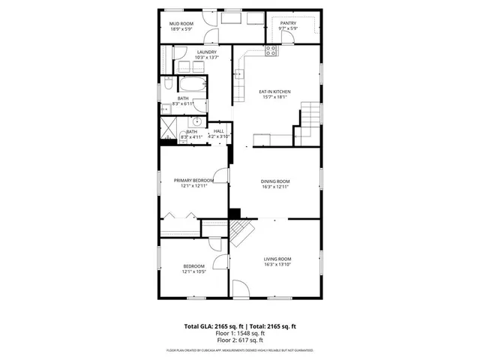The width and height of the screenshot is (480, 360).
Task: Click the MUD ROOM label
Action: click(181, 24)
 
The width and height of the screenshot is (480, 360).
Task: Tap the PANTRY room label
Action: click(289, 23)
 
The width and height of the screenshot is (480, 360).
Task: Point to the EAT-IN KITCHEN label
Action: click(274, 92)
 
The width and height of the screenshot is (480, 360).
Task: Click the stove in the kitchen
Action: click(271, 51)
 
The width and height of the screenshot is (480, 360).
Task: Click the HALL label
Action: click(218, 131)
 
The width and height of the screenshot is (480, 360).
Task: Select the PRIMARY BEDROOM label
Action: click(193, 180)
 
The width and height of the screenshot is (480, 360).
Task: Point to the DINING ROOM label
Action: click(275, 181)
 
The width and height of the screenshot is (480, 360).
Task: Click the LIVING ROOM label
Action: click(277, 259)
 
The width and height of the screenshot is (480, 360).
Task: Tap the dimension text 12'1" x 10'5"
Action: click(193, 271)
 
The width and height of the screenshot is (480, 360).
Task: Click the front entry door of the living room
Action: click(241, 289)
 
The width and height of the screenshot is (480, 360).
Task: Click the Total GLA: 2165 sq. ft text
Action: click(211, 326)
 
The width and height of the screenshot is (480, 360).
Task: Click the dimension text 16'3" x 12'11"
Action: click(275, 187)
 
